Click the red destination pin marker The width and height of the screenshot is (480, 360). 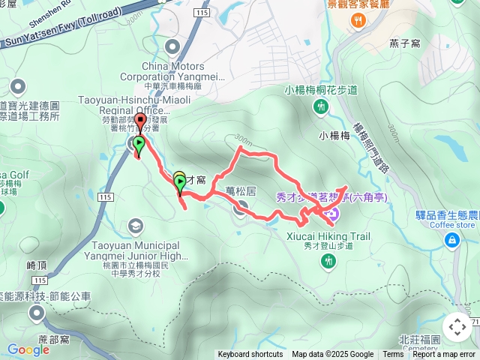(139, 123)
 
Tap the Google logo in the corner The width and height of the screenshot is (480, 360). (28, 349)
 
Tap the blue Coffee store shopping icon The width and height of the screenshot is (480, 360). (452, 239)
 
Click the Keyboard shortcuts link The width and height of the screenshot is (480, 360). (250, 355)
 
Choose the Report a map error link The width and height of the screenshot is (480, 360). (444, 355)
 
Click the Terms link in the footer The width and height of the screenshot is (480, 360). (393, 355)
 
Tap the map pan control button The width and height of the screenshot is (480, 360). (457, 327)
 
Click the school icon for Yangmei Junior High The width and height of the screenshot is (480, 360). (135, 225)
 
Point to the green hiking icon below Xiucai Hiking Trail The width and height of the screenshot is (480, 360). (328, 260)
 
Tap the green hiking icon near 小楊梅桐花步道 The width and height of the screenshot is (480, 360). (321, 107)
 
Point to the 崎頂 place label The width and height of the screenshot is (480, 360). (37, 265)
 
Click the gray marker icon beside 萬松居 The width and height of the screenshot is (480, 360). (240, 208)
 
